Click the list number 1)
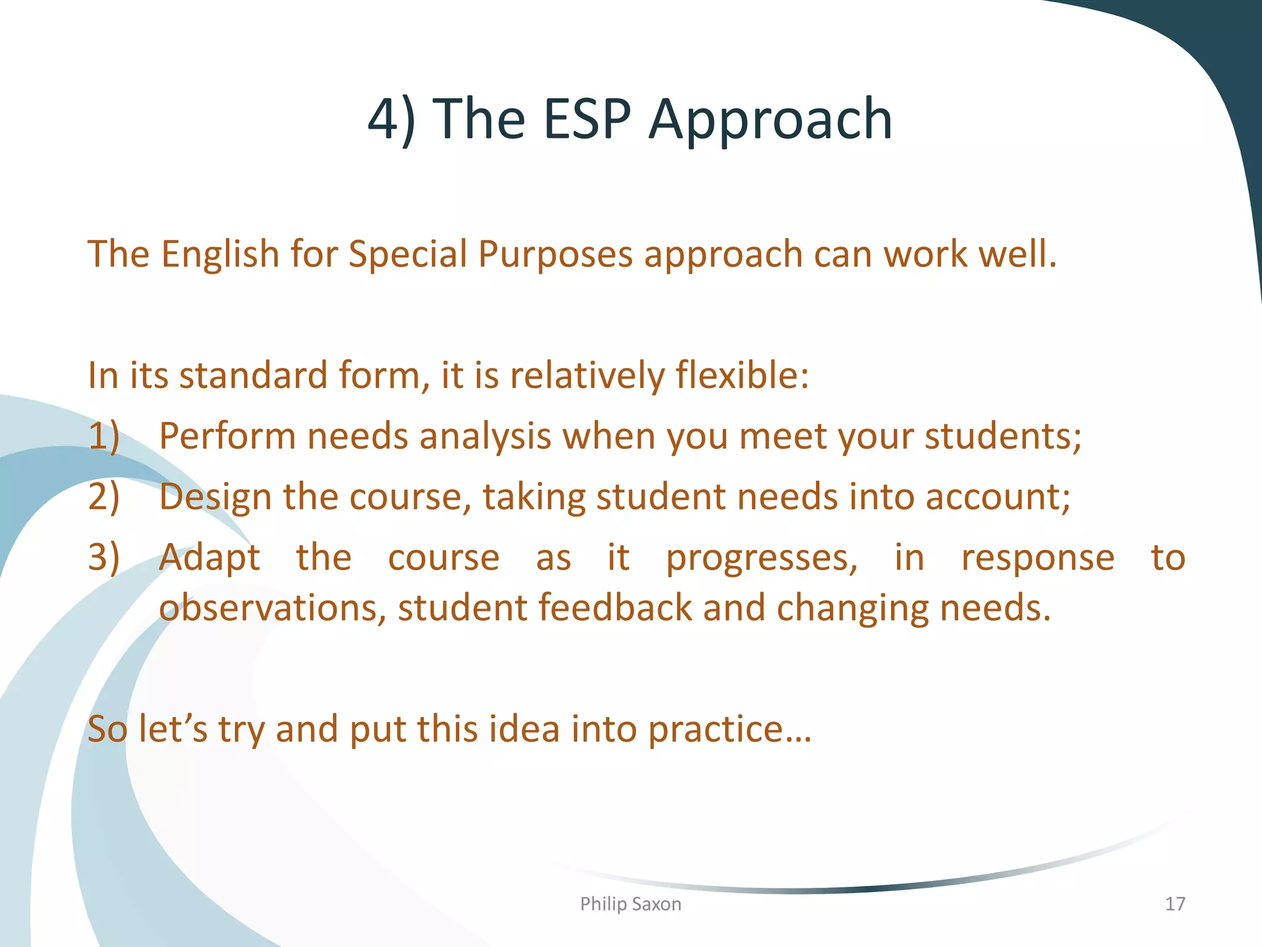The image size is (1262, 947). (104, 437)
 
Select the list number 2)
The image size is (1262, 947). (104, 497)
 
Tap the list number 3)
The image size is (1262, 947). (104, 557)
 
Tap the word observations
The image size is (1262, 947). (272, 608)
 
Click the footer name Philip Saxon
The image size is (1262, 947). (630, 904)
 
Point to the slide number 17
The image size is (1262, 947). (1174, 904)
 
